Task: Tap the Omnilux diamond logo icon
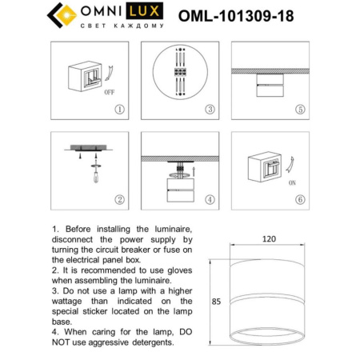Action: tap(58, 16)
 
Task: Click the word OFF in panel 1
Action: tap(110, 93)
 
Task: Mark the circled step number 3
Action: tap(209, 110)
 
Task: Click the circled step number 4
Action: tap(209, 199)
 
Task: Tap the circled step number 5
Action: tap(299, 110)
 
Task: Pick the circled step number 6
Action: tap(299, 199)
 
